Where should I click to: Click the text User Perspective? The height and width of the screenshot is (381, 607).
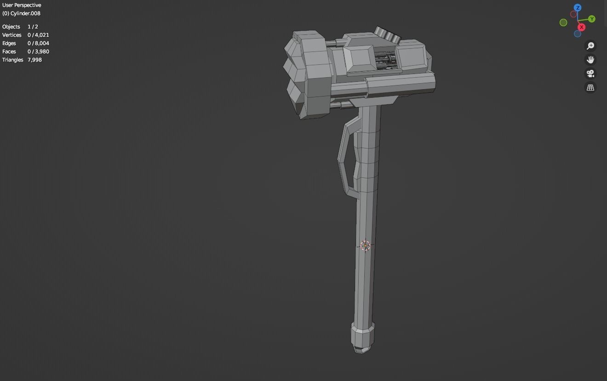pos(22,5)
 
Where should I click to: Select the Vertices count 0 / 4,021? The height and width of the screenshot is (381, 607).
pos(38,35)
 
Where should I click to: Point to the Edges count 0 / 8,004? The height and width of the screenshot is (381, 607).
pos(38,43)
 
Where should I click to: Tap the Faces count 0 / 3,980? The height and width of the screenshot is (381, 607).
pos(38,51)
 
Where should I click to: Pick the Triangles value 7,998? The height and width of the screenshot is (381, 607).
pos(34,60)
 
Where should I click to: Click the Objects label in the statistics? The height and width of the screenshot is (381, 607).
pos(11,27)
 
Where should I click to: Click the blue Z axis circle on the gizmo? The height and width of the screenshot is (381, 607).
pos(578,8)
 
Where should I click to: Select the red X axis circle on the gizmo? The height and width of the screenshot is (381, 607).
pos(581,27)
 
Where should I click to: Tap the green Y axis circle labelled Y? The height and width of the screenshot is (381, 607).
pos(591,19)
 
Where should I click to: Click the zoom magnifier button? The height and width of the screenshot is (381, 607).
pos(590,45)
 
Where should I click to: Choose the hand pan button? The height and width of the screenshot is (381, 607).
pos(590,60)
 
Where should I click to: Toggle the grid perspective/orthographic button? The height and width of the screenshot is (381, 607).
pos(590,87)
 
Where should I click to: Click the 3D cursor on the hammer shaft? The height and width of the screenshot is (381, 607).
pos(365,246)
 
